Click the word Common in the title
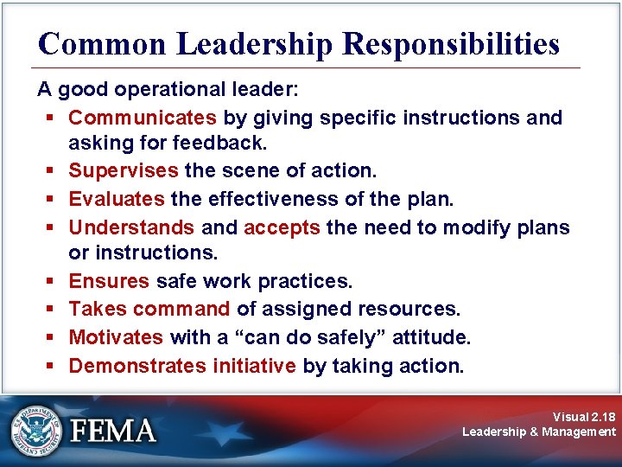(x=101, y=43)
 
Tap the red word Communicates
(x=143, y=118)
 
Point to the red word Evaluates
(x=117, y=200)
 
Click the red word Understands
(x=131, y=227)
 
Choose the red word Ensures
(x=109, y=282)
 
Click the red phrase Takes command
(x=149, y=310)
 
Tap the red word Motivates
(x=116, y=337)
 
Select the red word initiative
(x=254, y=365)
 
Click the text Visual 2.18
(x=584, y=416)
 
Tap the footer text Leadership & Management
(x=539, y=432)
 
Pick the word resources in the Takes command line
(x=416, y=310)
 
